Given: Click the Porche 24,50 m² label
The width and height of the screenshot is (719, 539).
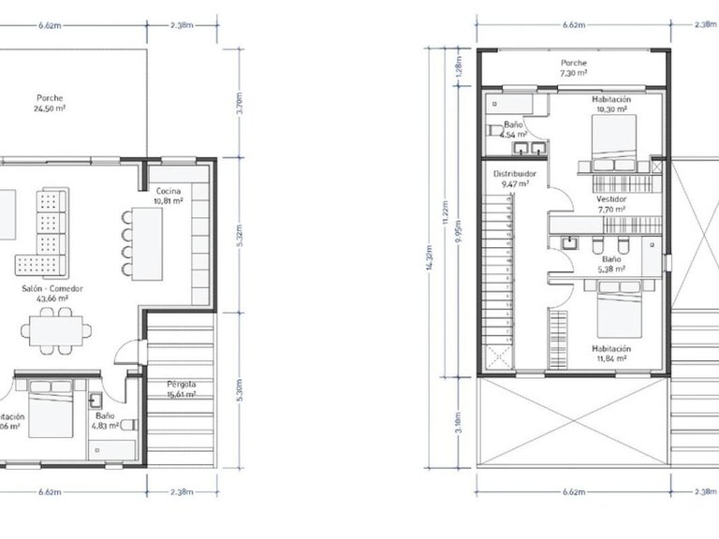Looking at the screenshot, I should pyautogui.click(x=51, y=103).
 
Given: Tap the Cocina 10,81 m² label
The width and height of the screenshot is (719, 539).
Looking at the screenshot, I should pyautogui.click(x=169, y=196).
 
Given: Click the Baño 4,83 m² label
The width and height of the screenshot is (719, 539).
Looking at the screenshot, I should pyautogui.click(x=104, y=420).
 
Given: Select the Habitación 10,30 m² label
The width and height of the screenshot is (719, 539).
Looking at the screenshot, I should pyautogui.click(x=611, y=104).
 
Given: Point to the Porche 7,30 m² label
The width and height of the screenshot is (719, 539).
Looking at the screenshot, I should pyautogui.click(x=573, y=67).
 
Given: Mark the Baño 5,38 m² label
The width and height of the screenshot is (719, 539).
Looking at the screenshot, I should pyautogui.click(x=610, y=263).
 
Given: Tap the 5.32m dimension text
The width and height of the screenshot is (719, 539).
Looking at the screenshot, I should pyautogui.click(x=241, y=231).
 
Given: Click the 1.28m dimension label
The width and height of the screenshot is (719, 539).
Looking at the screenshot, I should pyautogui.click(x=459, y=68).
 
